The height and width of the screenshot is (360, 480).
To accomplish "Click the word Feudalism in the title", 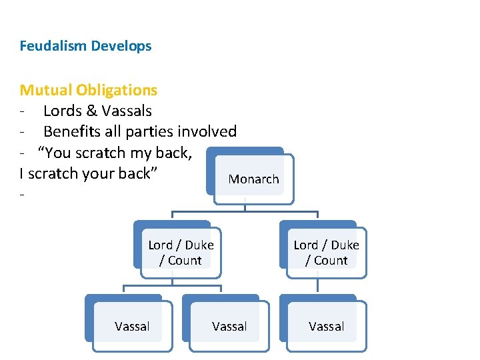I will (x=53, y=46).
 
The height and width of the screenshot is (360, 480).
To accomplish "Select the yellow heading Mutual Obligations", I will (x=89, y=90).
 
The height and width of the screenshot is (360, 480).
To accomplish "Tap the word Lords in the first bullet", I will (x=64, y=111).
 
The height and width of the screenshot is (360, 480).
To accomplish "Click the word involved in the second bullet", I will (x=205, y=132).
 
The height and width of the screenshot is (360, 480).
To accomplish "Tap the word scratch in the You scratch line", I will (x=100, y=153).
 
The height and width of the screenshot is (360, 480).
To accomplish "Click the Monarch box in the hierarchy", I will (x=253, y=179).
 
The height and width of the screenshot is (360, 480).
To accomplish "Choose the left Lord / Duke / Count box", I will (x=181, y=253).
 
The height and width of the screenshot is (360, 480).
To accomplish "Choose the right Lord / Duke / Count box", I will (x=326, y=253).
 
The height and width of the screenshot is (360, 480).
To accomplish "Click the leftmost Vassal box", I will (x=132, y=326).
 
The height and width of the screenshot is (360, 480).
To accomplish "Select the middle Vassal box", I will (x=229, y=326).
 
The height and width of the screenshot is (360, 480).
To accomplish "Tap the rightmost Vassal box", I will (x=326, y=326).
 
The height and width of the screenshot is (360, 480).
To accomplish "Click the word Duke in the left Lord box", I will (x=200, y=245).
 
